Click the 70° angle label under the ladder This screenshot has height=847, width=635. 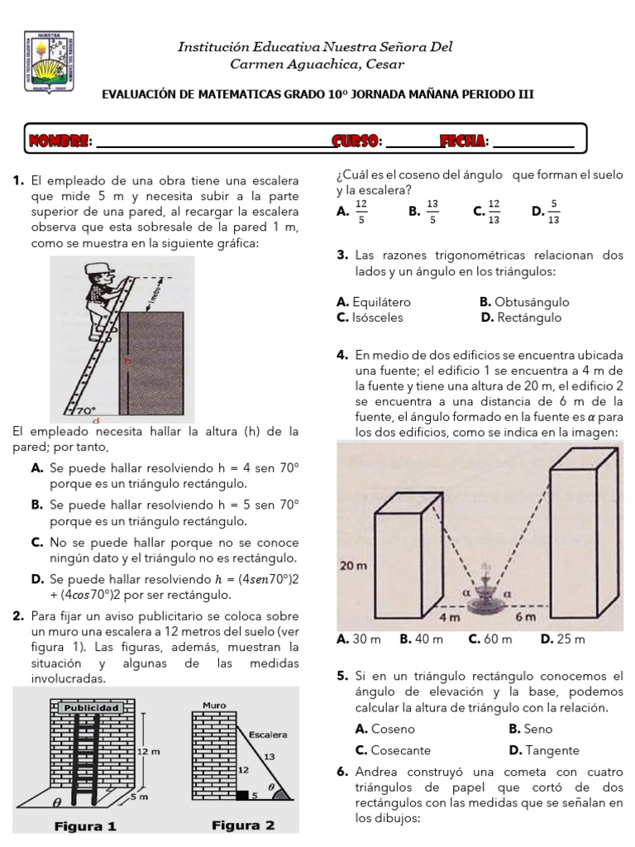click(x=86, y=409)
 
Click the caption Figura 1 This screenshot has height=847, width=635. click(x=86, y=825)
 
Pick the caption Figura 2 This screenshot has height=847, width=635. click(x=243, y=825)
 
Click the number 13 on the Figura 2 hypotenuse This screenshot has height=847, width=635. click(x=270, y=756)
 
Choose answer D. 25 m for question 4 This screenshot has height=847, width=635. click(x=562, y=639)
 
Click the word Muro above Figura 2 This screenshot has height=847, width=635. click(x=214, y=705)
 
